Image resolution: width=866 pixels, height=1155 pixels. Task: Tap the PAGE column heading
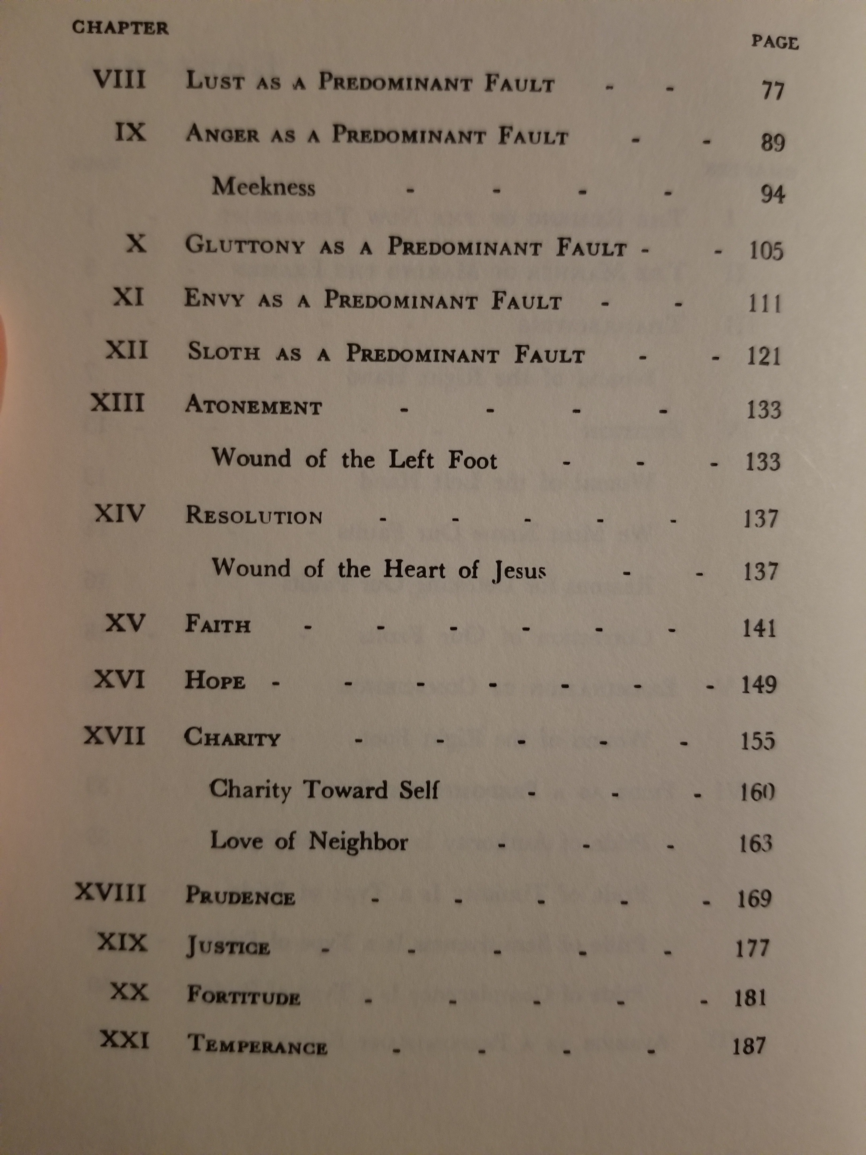[775, 42]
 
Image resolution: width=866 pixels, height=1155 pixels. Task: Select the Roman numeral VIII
[119, 80]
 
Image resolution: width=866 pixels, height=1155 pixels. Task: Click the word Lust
[214, 81]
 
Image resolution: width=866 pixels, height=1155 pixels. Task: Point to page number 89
[773, 142]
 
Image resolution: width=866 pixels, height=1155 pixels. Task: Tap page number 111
[765, 303]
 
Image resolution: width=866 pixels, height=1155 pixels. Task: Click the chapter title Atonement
[254, 406]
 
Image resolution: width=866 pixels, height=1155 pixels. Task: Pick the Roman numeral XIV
[120, 514]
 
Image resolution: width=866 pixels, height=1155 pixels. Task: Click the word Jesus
[519, 571]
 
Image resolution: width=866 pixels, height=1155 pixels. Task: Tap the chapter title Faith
[218, 625]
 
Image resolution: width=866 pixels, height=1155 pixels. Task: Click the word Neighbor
[358, 842]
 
